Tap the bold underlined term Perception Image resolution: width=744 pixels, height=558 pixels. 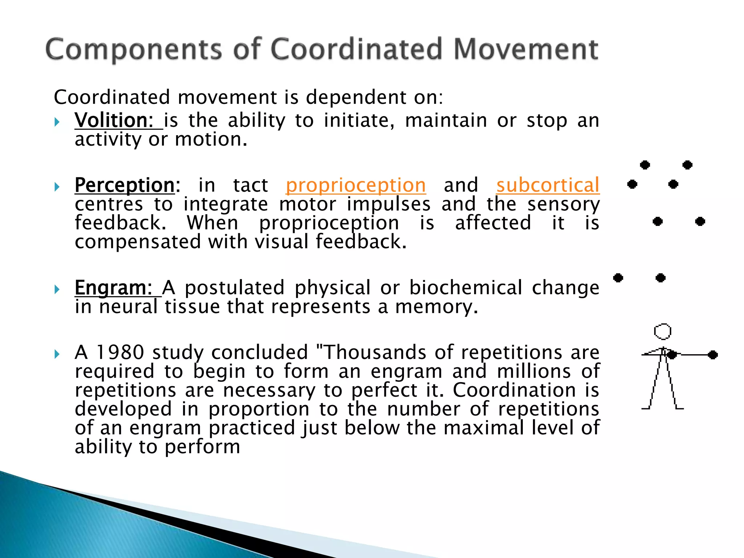pyautogui.click(x=125, y=185)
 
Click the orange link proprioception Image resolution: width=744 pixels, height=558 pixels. pyautogui.click(x=356, y=185)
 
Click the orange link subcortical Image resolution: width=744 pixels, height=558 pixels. pyautogui.click(x=548, y=185)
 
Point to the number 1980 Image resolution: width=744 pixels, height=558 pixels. pyautogui.click(x=120, y=352)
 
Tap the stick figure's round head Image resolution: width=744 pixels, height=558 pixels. pyautogui.click(x=663, y=331)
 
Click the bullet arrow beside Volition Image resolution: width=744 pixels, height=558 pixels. pyautogui.click(x=57, y=122)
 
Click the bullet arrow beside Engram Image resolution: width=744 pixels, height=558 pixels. pyautogui.click(x=57, y=290)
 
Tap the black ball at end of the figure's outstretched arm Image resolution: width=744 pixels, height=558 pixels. pyautogui.click(x=713, y=355)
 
